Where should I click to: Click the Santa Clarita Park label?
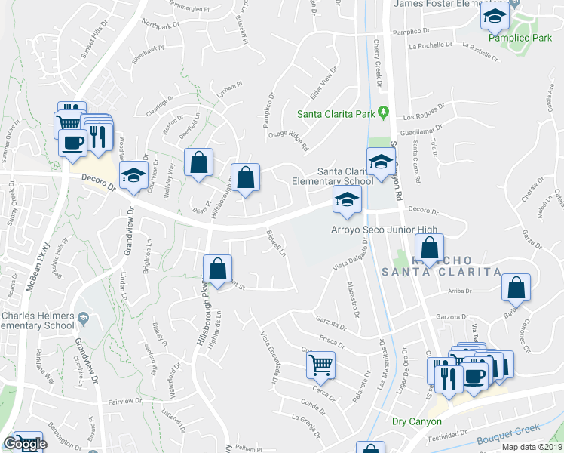(336, 115)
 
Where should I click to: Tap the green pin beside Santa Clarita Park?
(383, 114)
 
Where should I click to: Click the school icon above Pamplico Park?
(495, 16)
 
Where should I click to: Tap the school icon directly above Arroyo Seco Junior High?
(347, 199)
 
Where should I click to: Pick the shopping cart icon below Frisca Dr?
(321, 365)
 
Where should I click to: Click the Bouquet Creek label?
(507, 434)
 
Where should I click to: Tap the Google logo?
(24, 444)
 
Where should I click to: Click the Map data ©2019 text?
(532, 447)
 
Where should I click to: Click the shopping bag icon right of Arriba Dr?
(516, 288)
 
